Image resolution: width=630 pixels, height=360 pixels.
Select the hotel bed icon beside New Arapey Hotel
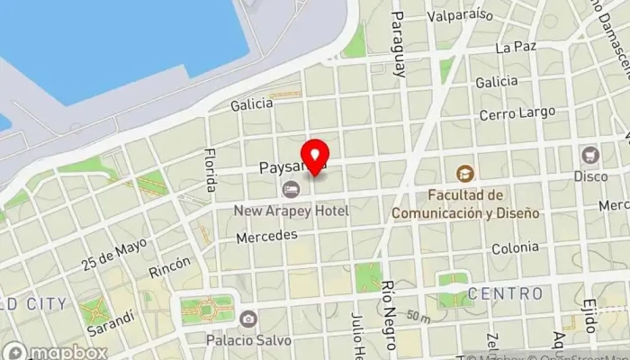pyautogui.click(x=290, y=189)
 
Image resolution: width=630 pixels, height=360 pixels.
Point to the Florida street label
pyautogui.click(x=211, y=170)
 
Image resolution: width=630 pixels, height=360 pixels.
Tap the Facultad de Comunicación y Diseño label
pyautogui.click(x=465, y=204)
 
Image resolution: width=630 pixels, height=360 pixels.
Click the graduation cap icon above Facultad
pyautogui.click(x=465, y=174)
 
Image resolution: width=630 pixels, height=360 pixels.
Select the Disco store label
pyautogui.click(x=590, y=176)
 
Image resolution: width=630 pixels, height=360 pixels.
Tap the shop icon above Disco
pyautogui.click(x=590, y=155)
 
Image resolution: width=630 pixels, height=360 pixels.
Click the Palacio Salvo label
pyautogui.click(x=247, y=339)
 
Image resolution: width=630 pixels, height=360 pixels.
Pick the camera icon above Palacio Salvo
pyautogui.click(x=247, y=318)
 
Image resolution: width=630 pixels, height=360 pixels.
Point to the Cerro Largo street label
pyautogui.click(x=509, y=114)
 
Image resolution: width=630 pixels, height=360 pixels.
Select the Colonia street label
pyautogui.click(x=515, y=247)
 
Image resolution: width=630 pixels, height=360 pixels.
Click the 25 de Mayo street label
pyautogui.click(x=113, y=255)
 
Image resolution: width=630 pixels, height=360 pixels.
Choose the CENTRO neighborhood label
pyautogui.click(x=506, y=294)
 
